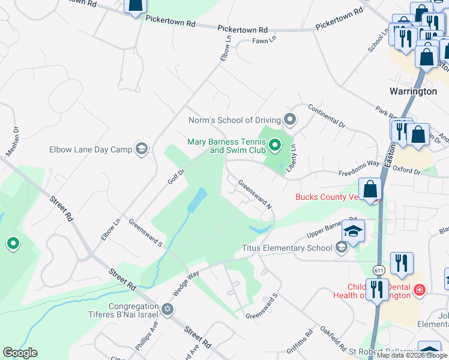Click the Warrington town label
[413, 92]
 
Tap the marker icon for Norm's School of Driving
[290, 120]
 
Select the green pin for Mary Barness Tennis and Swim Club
[275, 145]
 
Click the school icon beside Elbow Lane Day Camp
[142, 149]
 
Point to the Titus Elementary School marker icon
[342, 247]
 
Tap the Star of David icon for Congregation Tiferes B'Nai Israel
[168, 309]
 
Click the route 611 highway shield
[378, 270]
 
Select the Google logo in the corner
[20, 353]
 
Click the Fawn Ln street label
[264, 41]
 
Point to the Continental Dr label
[327, 116]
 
